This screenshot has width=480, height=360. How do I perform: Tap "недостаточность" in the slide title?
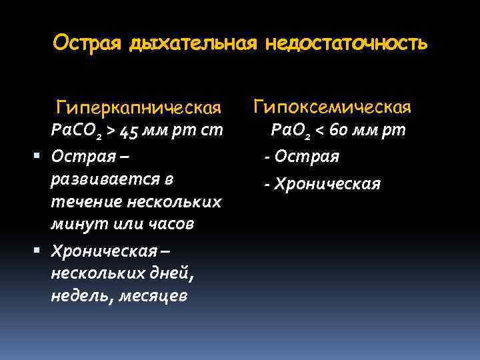346,44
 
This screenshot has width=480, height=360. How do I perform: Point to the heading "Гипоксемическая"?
333,107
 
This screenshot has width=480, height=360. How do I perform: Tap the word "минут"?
73,224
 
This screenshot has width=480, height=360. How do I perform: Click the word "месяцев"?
153,295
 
